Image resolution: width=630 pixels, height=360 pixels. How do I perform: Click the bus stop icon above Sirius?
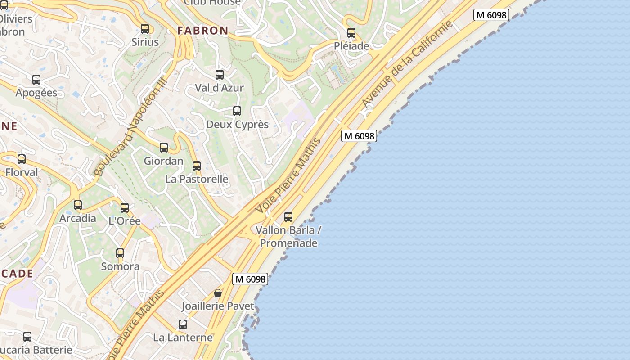[x=145, y=29]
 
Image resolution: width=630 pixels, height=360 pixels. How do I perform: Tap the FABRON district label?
[x=202, y=31]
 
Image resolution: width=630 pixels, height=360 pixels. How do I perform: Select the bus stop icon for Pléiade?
[x=351, y=33]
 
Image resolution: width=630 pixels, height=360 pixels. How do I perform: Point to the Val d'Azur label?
[x=219, y=88]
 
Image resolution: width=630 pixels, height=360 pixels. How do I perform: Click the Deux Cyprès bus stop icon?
[x=237, y=111]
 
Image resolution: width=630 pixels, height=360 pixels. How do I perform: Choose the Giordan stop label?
[x=163, y=161]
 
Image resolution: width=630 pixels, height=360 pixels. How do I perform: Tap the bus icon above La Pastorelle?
[x=196, y=166]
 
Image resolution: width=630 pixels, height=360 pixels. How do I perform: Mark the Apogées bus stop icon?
[x=36, y=80]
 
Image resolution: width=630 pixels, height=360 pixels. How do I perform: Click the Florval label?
[x=22, y=172]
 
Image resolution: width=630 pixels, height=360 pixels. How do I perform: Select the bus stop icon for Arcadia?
[x=78, y=205]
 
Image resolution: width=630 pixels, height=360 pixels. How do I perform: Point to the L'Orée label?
[x=125, y=221]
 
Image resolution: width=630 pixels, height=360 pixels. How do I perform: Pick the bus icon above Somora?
[x=120, y=253]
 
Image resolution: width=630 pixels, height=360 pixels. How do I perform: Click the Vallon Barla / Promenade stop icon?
[x=288, y=217]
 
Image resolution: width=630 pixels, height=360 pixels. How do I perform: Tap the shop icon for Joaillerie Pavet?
[x=218, y=293]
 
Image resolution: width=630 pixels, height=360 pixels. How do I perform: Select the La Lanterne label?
[x=183, y=337]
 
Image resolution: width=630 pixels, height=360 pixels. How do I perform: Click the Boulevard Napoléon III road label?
[x=130, y=126]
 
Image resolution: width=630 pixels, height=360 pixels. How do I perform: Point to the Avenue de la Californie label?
[x=407, y=64]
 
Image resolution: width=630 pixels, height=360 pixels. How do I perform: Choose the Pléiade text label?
[x=351, y=46]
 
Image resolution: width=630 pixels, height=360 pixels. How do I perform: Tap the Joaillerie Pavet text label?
[x=218, y=306]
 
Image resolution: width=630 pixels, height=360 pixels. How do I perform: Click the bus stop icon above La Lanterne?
[x=182, y=324]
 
